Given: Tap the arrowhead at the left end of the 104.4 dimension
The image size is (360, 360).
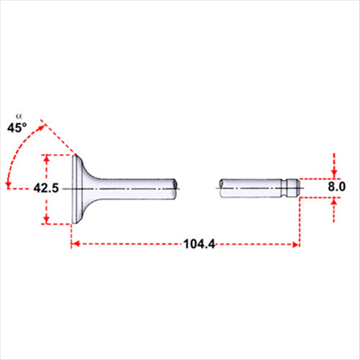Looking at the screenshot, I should coord(75,245).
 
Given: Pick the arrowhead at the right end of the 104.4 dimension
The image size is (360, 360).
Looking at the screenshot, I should coord(295,245).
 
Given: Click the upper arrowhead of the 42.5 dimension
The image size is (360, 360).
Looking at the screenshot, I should coord(47,158).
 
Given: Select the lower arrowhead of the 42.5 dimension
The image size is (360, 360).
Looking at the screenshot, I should coord(47,219).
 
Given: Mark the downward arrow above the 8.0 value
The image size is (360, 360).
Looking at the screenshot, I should coord(334,172).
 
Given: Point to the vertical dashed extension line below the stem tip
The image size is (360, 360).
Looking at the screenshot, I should coord(299,223).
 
